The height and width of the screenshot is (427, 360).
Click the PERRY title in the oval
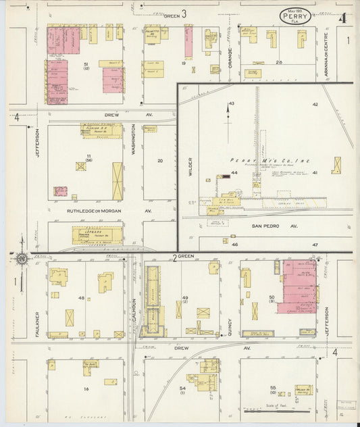295,17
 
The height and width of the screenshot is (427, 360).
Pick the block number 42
315,105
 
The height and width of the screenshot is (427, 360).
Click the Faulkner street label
38,322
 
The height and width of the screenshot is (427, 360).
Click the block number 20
160,160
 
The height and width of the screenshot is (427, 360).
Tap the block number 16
86,390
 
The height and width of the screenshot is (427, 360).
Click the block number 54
182,388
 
